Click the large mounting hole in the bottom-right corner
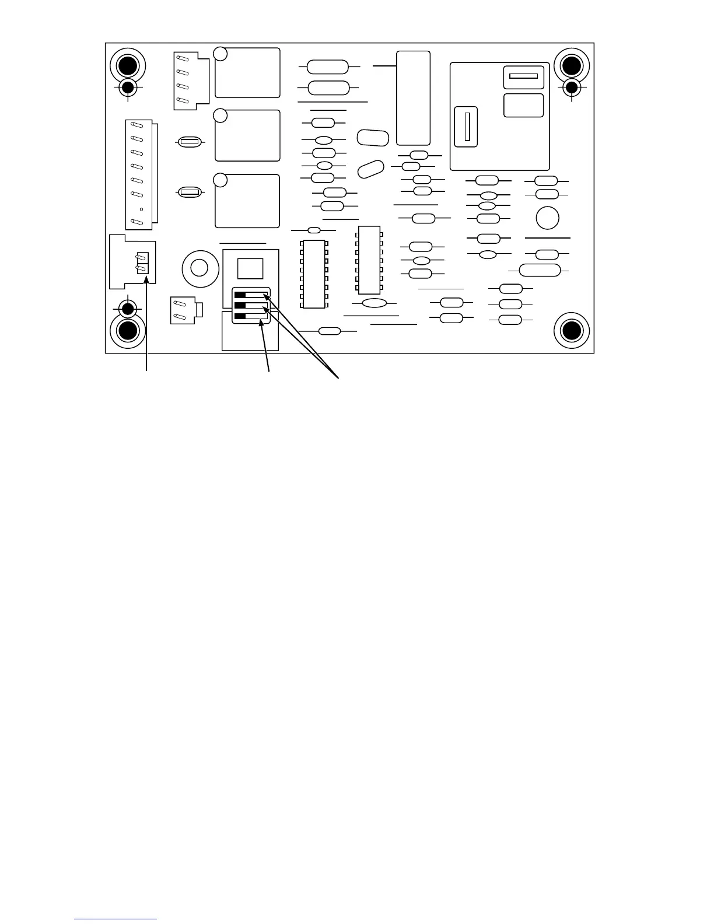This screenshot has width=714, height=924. click(x=571, y=331)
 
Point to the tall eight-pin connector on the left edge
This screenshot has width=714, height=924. click(x=139, y=174)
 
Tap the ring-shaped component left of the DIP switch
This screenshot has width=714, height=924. click(x=199, y=268)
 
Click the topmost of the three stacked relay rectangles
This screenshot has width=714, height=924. click(x=247, y=73)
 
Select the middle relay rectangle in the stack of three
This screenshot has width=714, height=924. click(x=247, y=135)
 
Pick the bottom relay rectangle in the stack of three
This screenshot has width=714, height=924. click(x=247, y=201)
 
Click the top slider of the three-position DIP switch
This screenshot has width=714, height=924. click(x=251, y=294)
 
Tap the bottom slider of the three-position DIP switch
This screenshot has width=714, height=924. click(x=251, y=316)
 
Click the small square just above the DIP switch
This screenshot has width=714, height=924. click(x=250, y=269)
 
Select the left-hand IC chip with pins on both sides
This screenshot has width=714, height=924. click(x=314, y=274)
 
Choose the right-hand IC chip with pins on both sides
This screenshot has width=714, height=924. click(x=369, y=260)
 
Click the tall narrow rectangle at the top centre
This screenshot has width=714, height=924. click(x=413, y=98)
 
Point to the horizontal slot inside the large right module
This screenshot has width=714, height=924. click(x=523, y=76)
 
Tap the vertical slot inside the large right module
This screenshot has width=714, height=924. click(x=467, y=126)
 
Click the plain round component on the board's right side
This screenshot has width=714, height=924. click(x=547, y=218)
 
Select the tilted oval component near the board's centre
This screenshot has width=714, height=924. click(x=370, y=169)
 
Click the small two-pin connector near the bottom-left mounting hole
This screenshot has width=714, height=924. click(x=186, y=310)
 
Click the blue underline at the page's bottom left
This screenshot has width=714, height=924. click(x=116, y=919)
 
